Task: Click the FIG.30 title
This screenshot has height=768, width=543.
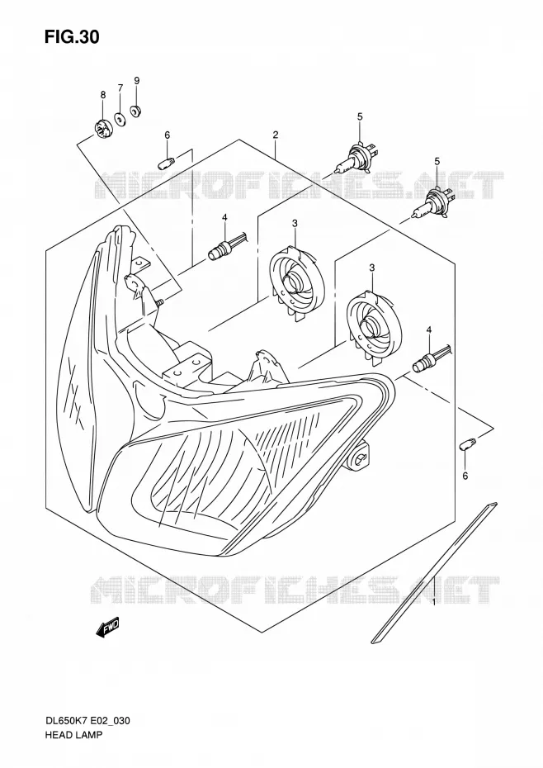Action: point(72,36)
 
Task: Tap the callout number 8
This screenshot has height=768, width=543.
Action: point(103,95)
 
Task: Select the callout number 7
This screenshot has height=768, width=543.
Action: point(120,88)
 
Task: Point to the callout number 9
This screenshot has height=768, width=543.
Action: point(137,80)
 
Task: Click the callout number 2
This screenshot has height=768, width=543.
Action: point(276,135)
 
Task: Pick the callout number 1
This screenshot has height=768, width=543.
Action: point(434,601)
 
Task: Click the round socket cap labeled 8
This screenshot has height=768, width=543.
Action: point(103,130)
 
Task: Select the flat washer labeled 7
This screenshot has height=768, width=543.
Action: point(119,118)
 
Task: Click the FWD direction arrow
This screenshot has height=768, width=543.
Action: point(108,628)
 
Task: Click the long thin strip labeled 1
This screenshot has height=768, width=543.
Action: point(434,572)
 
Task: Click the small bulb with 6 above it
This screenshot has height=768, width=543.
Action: point(166,162)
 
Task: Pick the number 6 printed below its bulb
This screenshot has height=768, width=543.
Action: point(465,475)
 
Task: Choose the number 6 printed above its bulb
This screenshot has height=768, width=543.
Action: point(167,135)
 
